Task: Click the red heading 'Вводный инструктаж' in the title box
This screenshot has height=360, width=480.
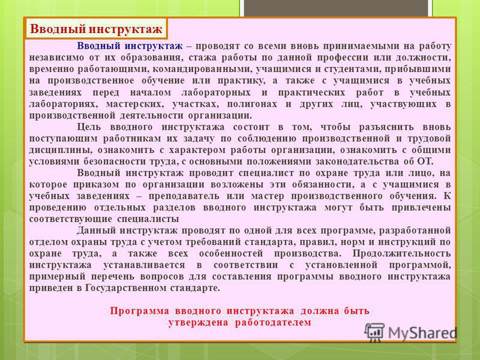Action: coord(96,29)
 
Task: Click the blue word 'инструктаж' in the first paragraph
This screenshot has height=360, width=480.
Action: coord(154,46)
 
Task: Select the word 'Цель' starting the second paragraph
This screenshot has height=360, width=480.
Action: coord(88,127)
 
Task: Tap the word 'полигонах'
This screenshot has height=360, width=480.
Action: coord(252,104)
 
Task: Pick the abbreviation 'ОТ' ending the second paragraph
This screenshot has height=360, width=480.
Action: coord(425,161)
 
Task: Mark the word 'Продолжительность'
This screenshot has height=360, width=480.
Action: coord(401,253)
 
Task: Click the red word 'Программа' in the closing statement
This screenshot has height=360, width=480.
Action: coord(139,311)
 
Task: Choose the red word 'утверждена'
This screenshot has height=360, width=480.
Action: coord(198,323)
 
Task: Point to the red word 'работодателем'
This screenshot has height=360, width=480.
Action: coord(273,323)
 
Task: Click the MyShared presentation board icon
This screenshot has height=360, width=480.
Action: coord(374,332)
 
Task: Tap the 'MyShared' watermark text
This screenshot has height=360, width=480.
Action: coord(423,332)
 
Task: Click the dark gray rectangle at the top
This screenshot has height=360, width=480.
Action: coord(336,8)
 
